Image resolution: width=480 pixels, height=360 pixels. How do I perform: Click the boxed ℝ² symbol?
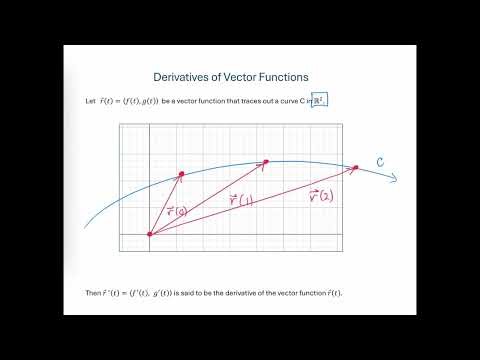[x=320, y=101]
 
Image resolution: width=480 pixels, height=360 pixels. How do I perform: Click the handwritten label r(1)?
[x=240, y=200]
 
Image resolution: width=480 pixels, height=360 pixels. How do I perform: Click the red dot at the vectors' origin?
[x=150, y=235]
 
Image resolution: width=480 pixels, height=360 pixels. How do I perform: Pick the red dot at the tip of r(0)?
[x=181, y=175]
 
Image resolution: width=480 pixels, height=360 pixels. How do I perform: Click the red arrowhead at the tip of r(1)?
[x=266, y=161]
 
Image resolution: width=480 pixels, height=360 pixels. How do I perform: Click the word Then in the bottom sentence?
[x=96, y=292]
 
